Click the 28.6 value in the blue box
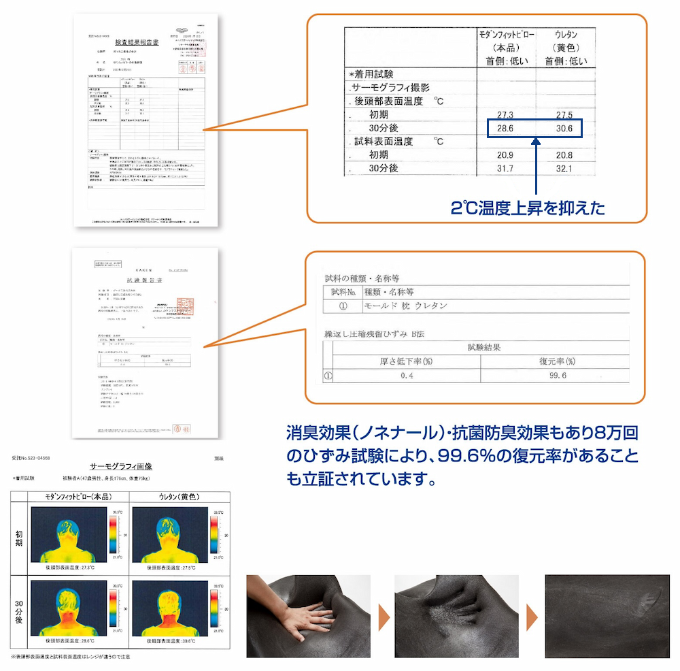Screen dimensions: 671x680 [x=506, y=128]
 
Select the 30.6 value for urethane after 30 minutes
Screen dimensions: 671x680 [x=564, y=128]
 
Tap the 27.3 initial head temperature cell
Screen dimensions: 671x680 [x=506, y=114]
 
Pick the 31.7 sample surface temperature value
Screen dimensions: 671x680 [x=506, y=168]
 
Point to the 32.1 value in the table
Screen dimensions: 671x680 [x=564, y=168]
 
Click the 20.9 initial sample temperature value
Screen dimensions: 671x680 [x=506, y=154]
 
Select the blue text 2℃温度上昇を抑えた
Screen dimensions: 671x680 [x=528, y=208]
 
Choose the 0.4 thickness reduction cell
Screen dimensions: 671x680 [x=407, y=376]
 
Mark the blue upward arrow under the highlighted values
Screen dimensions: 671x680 [x=536, y=167]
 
